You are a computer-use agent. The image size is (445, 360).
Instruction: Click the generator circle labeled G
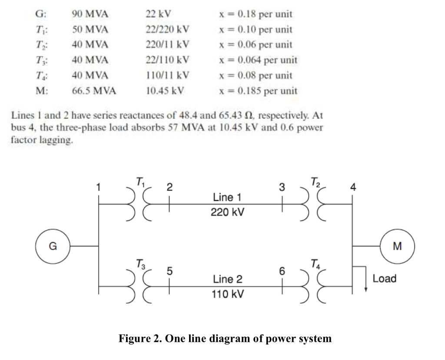53,247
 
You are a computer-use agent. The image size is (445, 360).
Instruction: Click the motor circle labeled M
397,247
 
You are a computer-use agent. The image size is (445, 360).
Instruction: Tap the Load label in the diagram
384,279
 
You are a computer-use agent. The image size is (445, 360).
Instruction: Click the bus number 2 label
170,187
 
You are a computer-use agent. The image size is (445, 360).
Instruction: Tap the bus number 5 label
170,270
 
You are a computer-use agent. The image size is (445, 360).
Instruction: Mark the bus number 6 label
282,271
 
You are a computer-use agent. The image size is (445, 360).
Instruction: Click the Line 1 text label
227,197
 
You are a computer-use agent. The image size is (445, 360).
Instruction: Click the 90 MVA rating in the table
90,14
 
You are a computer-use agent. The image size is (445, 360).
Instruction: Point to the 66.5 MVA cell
94,91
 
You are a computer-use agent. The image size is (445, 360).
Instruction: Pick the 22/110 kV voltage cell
167,60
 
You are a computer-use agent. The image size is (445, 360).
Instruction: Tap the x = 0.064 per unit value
258,60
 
